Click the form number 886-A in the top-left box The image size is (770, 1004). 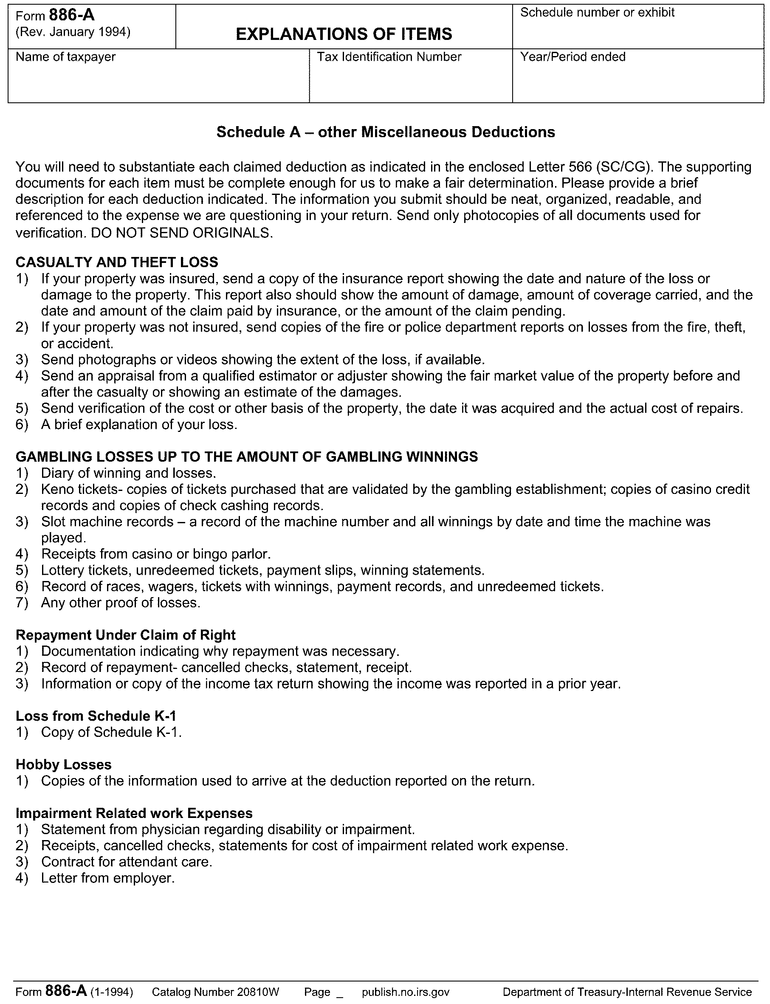click(x=71, y=16)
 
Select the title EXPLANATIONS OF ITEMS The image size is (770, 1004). click(x=344, y=34)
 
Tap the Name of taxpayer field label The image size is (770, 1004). click(x=65, y=57)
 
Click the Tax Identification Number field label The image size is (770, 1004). click(x=389, y=57)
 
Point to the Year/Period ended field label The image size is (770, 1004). click(x=573, y=57)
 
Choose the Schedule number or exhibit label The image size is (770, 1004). click(x=597, y=12)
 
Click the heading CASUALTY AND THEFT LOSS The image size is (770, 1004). click(x=117, y=262)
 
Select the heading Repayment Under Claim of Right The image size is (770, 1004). click(x=126, y=635)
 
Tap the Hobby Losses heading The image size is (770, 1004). click(x=64, y=764)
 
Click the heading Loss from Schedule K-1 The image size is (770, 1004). click(x=96, y=716)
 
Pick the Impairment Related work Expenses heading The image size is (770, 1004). click(x=134, y=813)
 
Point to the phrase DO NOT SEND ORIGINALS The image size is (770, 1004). click(x=181, y=233)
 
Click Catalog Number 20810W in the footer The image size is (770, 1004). click(x=215, y=992)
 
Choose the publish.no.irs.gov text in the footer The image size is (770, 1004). click(x=406, y=992)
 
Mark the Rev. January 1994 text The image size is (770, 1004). click(x=73, y=32)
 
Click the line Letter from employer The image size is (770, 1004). click(x=108, y=878)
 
